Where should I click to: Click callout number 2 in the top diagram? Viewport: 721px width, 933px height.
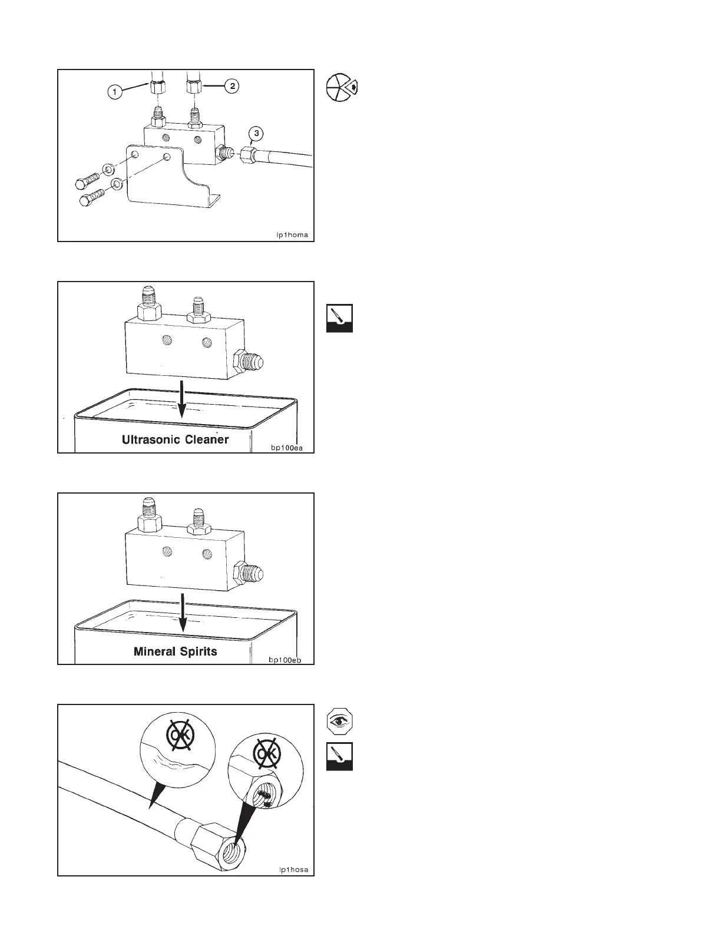point(233,86)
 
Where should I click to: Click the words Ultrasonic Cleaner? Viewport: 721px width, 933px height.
point(175,439)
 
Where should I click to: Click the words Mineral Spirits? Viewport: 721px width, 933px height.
point(175,651)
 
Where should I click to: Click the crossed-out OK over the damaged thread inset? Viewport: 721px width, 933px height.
point(266,755)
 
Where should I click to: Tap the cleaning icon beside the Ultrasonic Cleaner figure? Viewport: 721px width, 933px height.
point(340,318)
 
